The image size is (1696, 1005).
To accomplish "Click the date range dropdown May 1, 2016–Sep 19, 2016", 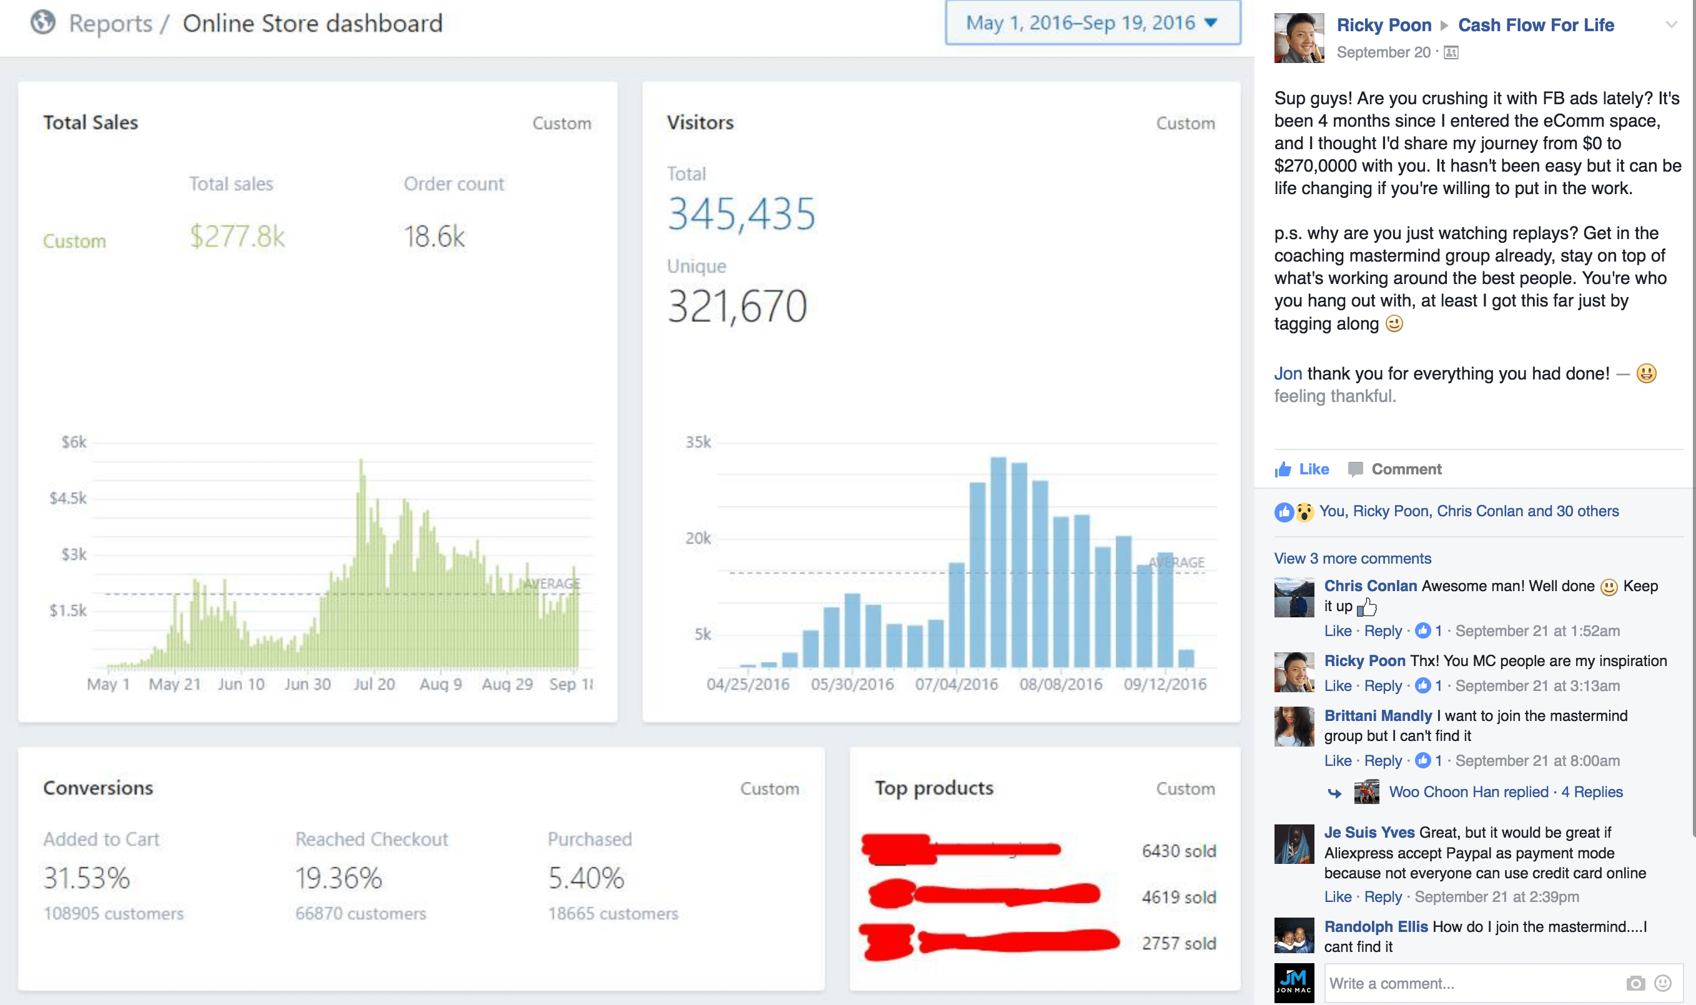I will [x=1092, y=23].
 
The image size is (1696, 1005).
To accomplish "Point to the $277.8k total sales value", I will [x=237, y=237].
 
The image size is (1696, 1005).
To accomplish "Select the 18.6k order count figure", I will [x=434, y=237].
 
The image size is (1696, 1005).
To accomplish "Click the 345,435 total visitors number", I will [x=741, y=214].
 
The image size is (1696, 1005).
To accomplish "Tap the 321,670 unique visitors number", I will [x=737, y=306].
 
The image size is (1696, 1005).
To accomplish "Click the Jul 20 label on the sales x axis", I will [x=374, y=684].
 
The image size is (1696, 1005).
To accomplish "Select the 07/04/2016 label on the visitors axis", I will [x=957, y=684].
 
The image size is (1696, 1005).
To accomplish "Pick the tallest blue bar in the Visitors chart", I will [x=998, y=562].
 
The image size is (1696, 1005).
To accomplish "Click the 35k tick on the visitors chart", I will [x=698, y=442].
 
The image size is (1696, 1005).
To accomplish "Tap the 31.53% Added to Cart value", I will [x=87, y=878].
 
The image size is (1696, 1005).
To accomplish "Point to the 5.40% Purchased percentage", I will [x=586, y=878].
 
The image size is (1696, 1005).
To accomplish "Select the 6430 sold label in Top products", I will [x=1178, y=851].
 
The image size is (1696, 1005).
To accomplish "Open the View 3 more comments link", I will [x=1352, y=559].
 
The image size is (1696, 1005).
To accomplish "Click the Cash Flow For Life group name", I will [x=1536, y=25].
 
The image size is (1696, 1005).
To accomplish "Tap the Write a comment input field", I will [x=1470, y=983].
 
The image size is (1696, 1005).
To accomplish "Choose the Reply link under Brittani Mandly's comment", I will [x=1383, y=760].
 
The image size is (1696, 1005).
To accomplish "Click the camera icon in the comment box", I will [x=1635, y=983].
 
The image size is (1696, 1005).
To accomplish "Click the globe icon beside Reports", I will [x=42, y=22].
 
